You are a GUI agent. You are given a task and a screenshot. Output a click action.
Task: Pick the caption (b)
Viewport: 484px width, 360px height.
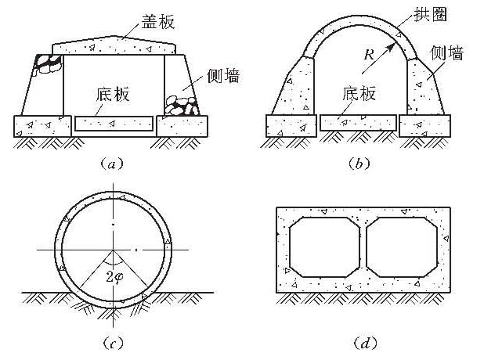[x=361, y=164]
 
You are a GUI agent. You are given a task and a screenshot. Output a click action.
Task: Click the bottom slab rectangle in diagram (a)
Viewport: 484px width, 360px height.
[x=114, y=124]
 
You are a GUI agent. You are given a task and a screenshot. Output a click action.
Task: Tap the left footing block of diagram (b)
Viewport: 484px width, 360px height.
[x=290, y=124]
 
